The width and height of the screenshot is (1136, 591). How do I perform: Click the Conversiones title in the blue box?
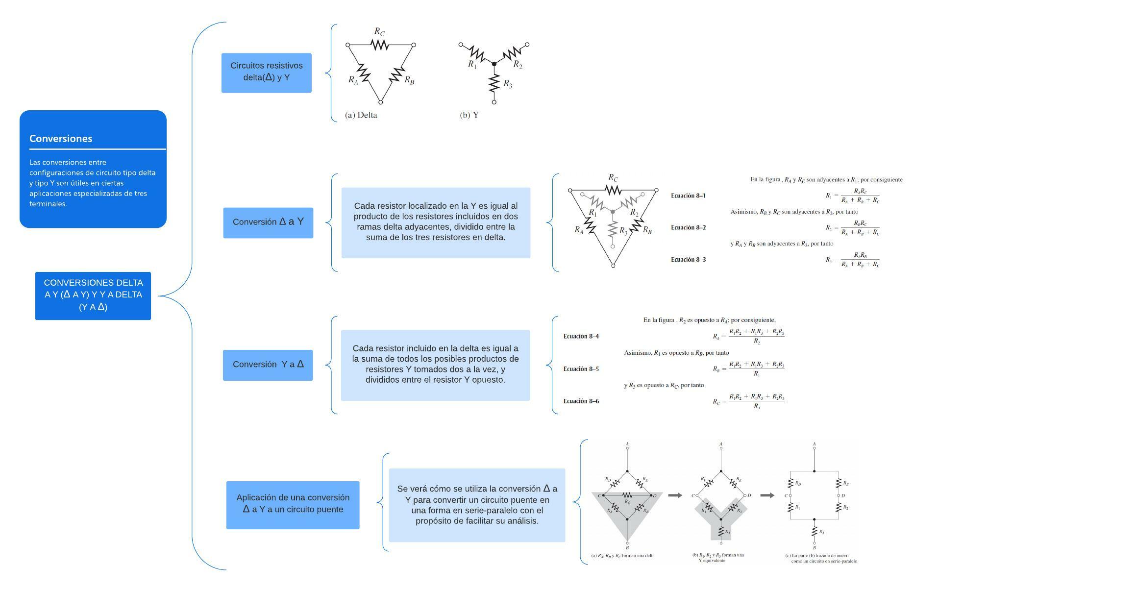61,139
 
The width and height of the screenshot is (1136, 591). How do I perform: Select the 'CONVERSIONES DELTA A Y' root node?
93,295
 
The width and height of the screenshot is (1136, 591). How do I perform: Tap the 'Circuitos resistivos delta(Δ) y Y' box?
266,72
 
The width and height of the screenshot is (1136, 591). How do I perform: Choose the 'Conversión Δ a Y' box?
268,222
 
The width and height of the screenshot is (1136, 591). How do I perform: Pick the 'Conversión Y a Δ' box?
268,365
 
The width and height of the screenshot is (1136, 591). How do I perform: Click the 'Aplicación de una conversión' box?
293,504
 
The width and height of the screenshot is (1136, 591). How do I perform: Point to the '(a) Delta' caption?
361,115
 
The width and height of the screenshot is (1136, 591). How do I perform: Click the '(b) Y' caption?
469,115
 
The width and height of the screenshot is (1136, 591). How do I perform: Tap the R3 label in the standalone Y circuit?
508,85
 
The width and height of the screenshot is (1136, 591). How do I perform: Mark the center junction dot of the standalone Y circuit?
494,64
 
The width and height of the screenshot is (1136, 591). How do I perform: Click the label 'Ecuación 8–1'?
688,196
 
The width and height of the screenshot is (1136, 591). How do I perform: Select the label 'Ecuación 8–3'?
688,260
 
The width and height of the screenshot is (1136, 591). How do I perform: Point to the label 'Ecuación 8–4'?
581,337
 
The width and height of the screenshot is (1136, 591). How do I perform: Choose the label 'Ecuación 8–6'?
581,401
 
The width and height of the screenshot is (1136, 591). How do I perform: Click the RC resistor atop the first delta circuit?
380,45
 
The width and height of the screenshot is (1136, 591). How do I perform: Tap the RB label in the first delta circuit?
409,81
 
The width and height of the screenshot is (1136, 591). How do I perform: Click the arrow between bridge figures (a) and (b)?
675,495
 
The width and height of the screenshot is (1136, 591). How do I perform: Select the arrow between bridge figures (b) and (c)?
767,495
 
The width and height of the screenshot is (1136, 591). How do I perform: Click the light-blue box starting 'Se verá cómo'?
477,505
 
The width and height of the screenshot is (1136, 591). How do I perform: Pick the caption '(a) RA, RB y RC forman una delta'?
622,556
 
